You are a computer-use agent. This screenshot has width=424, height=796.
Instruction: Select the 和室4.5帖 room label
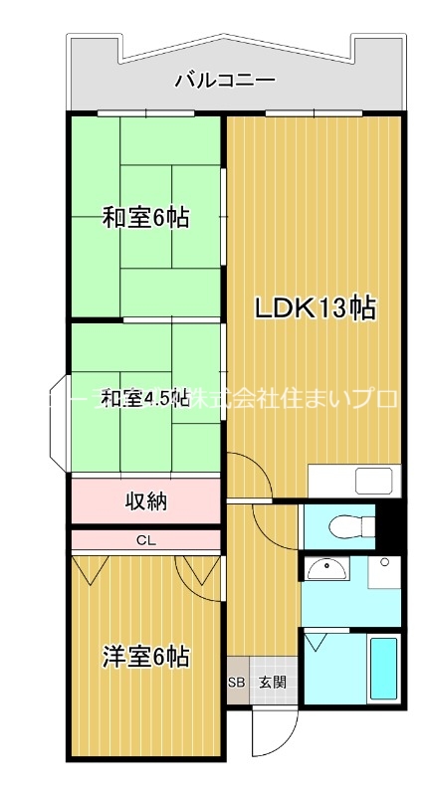[x=145, y=399]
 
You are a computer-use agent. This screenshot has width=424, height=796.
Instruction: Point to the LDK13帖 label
[x=316, y=309]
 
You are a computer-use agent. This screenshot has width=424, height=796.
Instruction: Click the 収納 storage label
[x=145, y=500]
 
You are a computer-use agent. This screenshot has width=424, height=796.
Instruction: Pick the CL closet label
[x=145, y=541]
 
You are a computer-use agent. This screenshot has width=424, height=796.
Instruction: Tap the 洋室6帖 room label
[x=145, y=657]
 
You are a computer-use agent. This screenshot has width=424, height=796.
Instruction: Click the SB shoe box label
[x=236, y=683]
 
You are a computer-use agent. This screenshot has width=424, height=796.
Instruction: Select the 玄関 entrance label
[x=272, y=683]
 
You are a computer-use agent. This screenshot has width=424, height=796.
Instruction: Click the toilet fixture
[x=339, y=524]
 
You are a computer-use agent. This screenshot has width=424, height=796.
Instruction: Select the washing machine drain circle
[x=386, y=564]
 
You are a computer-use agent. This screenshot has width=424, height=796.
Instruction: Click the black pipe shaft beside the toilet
[x=390, y=525]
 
